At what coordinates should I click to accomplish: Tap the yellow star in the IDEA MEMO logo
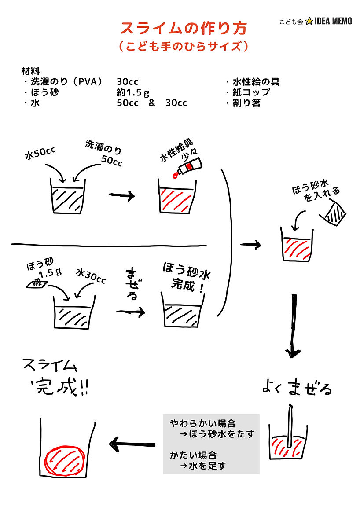tap(309, 21)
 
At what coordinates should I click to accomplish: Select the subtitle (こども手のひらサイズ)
tap(184, 46)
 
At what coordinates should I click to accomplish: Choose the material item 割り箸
tap(246, 103)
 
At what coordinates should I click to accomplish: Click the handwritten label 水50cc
tap(40, 154)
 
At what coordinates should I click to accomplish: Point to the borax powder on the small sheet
tap(37, 283)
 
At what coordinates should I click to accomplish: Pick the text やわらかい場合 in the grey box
tap(202, 423)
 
